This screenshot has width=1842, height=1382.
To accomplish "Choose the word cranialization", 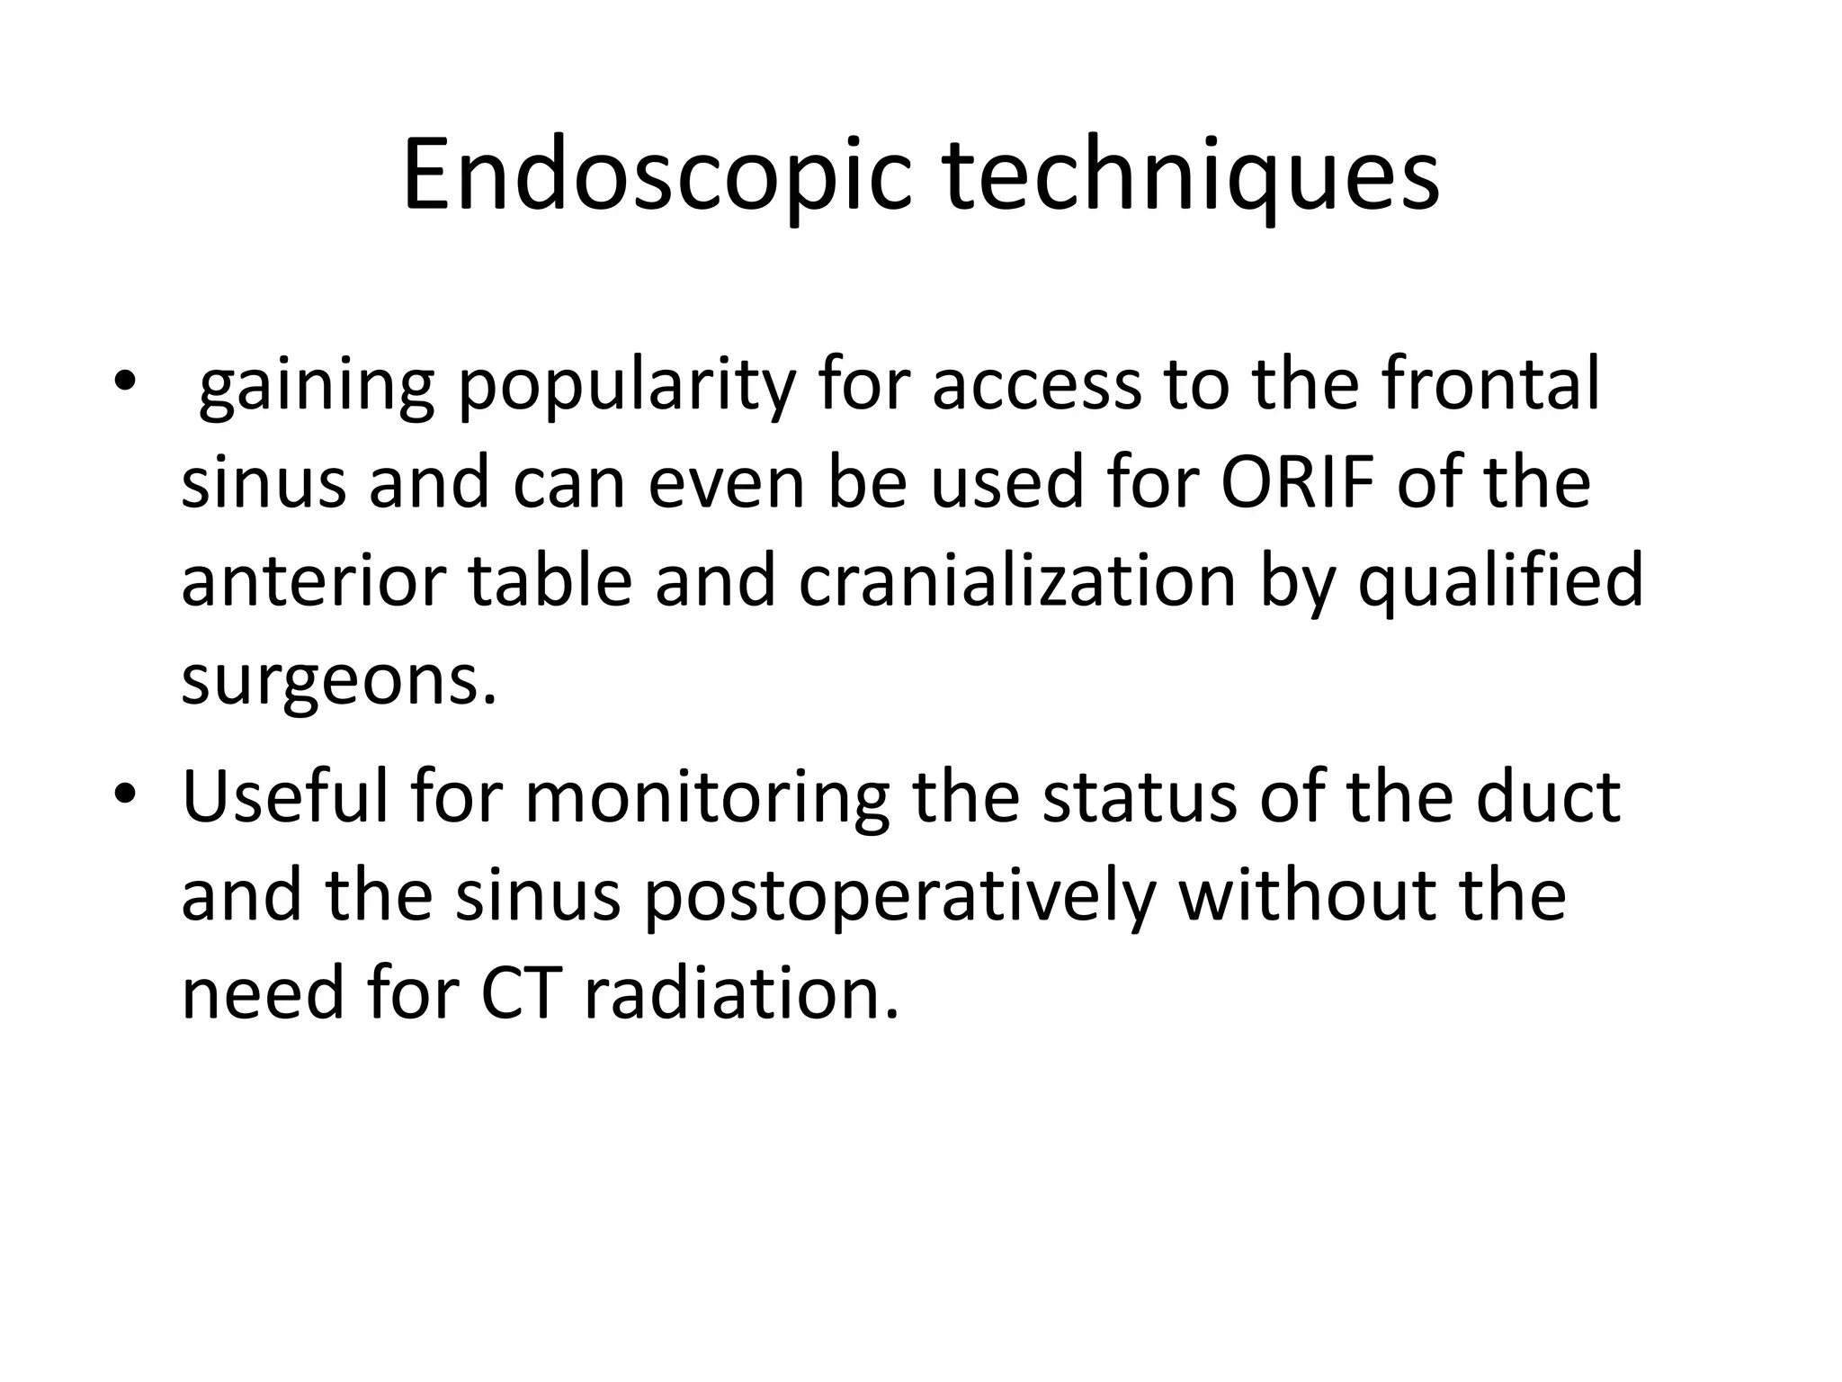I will [x=1017, y=581].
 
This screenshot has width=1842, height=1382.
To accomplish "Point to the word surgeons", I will [x=338, y=682].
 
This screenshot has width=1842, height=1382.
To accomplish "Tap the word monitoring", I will [x=707, y=799].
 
